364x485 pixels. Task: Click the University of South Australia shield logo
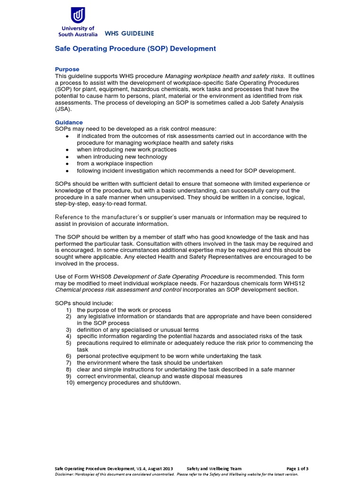[78, 16]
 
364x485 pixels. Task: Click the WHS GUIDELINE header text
[129, 34]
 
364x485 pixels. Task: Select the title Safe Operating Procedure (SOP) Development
[136, 49]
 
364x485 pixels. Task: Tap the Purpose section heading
[67, 69]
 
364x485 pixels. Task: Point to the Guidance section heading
[69, 122]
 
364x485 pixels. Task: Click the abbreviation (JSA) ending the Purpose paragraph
[64, 108]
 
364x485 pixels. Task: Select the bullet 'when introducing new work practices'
[127, 150]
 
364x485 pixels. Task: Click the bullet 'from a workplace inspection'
[115, 163]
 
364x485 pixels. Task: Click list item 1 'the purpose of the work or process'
[124, 310]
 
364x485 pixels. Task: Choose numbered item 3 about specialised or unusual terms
[137, 330]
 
